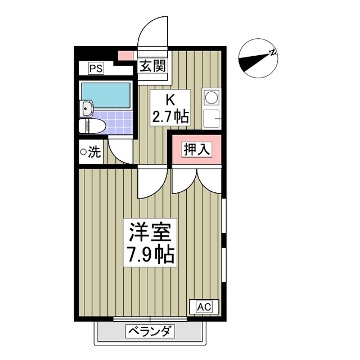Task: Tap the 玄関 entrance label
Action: [x=152, y=66]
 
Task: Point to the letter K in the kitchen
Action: [x=169, y=100]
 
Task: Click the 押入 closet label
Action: [x=196, y=150]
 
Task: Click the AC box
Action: [x=204, y=307]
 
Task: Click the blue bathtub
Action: [x=105, y=94]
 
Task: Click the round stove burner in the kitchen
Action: [x=211, y=98]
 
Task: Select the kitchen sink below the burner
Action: [x=211, y=118]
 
